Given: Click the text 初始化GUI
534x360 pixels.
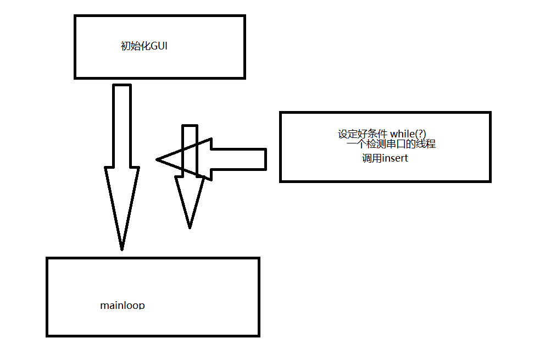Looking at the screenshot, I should [144, 46].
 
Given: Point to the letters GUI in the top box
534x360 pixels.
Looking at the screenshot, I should [159, 46].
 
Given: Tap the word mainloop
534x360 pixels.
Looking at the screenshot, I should [123, 305].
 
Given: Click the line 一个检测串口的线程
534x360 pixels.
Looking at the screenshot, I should [391, 145].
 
